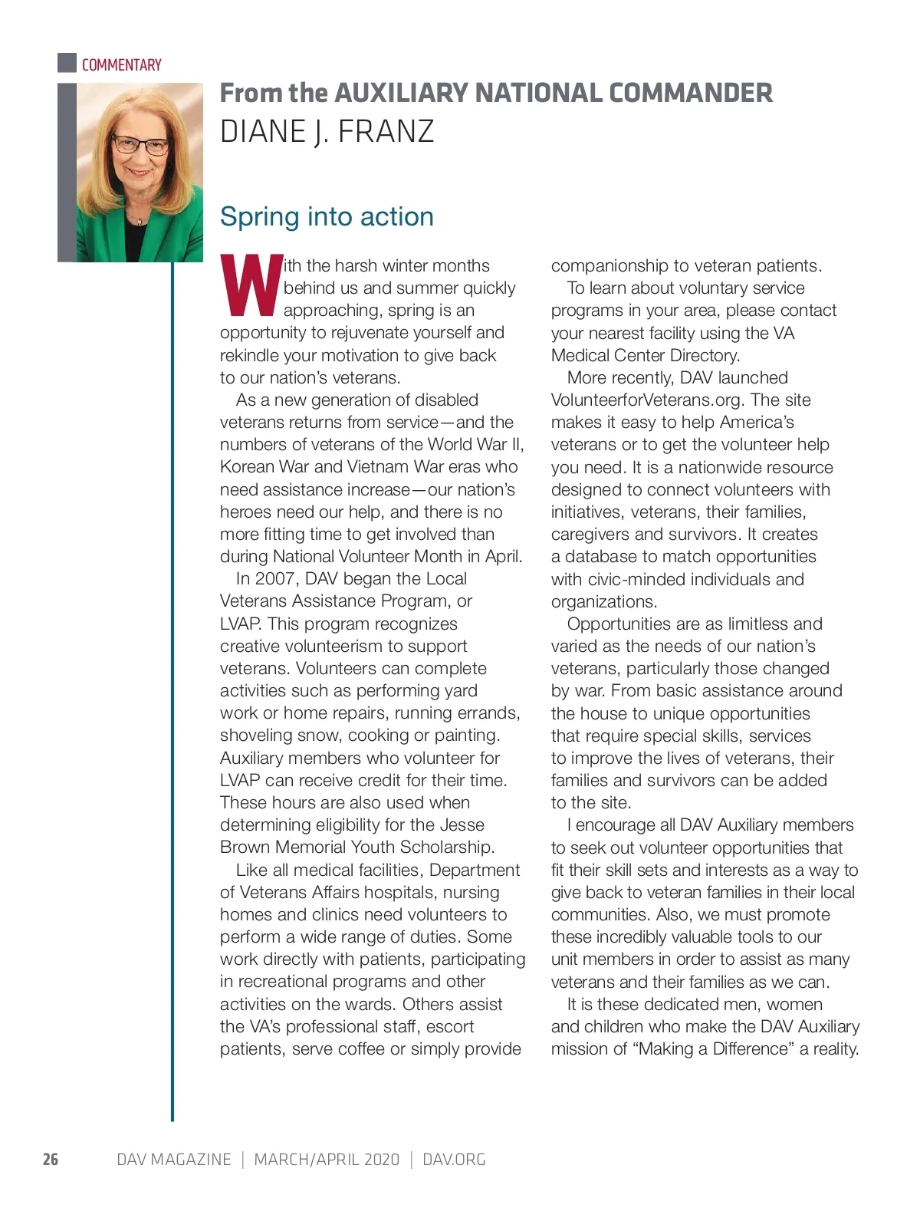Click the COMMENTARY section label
121,65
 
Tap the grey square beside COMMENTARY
67,63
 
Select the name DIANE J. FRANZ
327,132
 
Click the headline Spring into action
327,216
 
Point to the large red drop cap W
250,286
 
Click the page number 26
51,1159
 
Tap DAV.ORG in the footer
454,1159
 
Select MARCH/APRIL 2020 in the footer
327,1159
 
